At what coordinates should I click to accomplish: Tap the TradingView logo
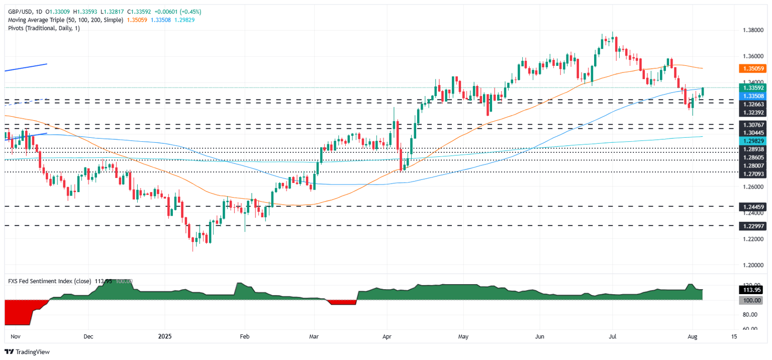[28, 352]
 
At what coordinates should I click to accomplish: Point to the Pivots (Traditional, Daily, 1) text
[43, 28]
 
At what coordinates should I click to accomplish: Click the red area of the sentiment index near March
[342, 302]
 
